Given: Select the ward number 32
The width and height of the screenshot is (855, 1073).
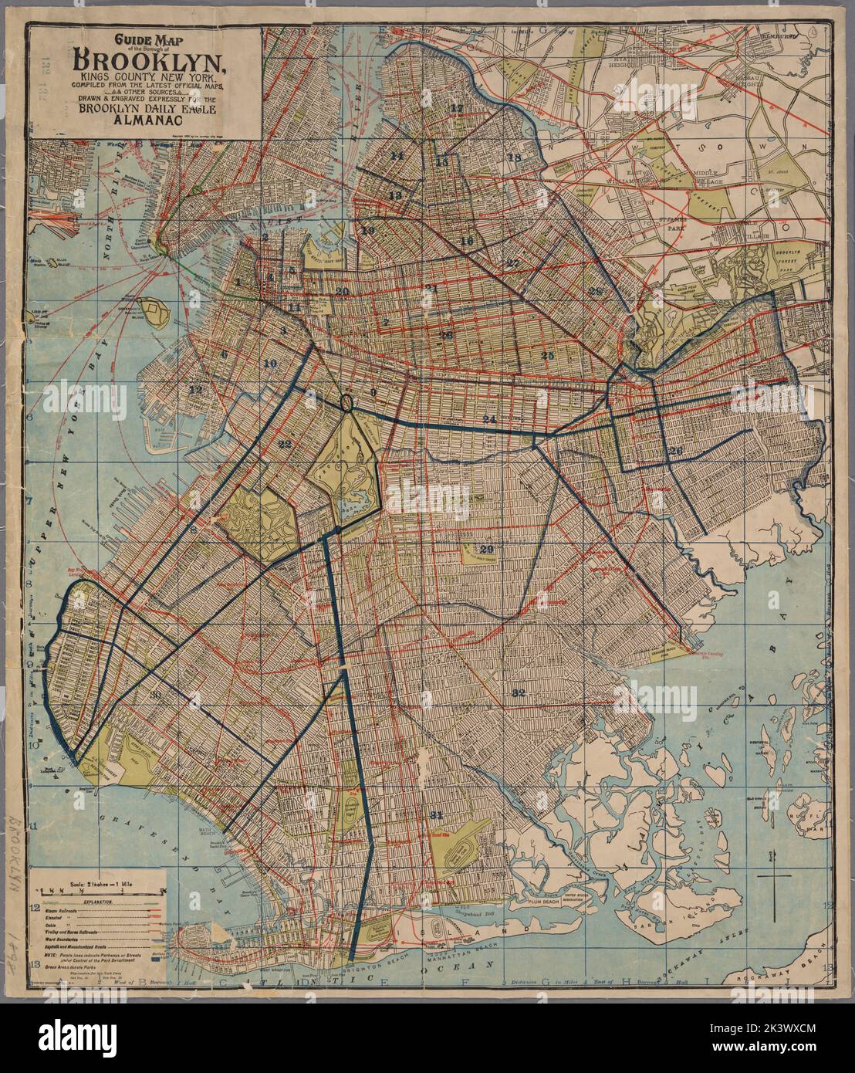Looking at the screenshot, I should pyautogui.click(x=518, y=693).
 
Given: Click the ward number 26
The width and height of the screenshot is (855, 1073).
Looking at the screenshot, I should pyautogui.click(x=676, y=452).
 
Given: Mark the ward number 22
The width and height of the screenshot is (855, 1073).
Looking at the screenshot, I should pyautogui.click(x=285, y=444).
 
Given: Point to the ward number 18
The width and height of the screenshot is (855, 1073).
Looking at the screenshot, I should pyautogui.click(x=515, y=157).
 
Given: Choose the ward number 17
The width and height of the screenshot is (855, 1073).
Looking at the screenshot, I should pyautogui.click(x=458, y=107).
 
